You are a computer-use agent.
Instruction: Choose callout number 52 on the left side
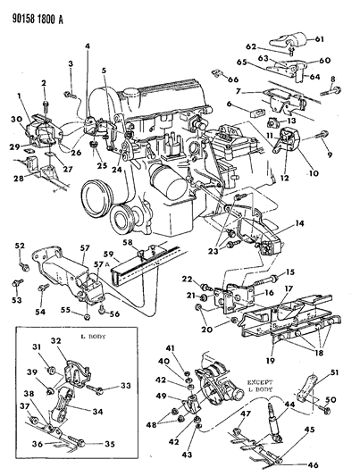pyautogui.click(x=20, y=246)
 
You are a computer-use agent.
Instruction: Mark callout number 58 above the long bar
pyautogui.click(x=129, y=241)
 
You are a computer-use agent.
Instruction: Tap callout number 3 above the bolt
pyautogui.click(x=70, y=64)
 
